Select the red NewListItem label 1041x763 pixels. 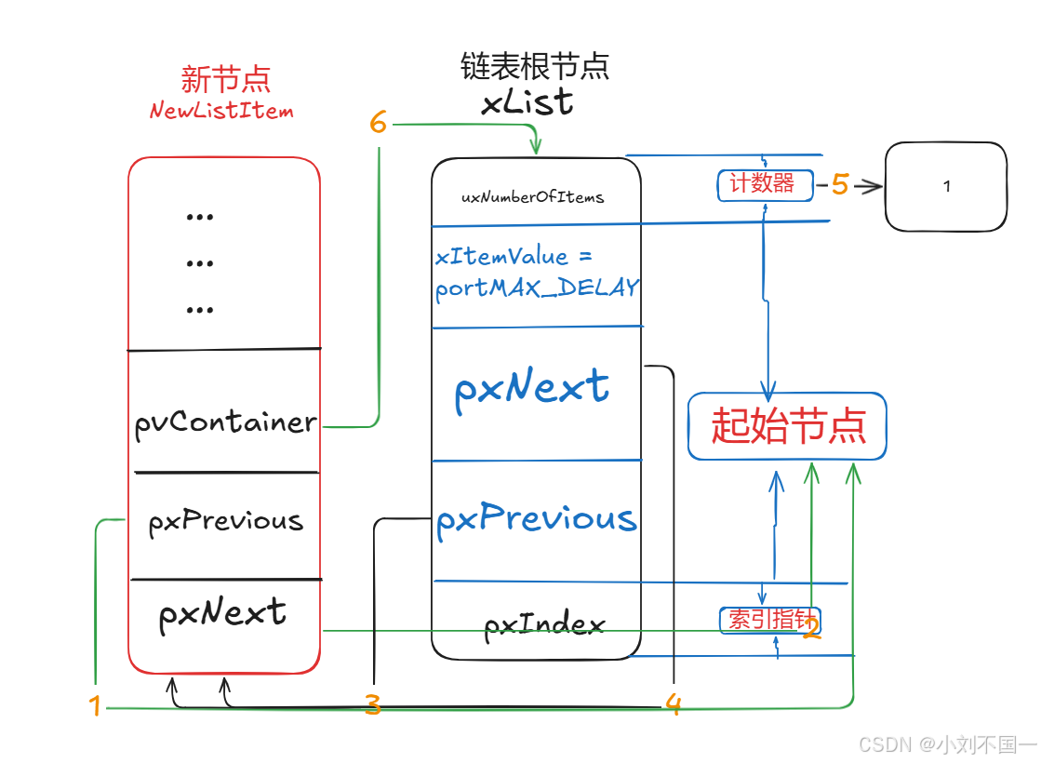coord(221,111)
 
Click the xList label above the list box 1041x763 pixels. coord(527,102)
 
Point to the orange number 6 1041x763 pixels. coord(378,123)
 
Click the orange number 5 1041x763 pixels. coord(840,185)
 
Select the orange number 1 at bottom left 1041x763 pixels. coord(94,706)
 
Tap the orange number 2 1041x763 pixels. coord(811,630)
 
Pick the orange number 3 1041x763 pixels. coord(373,705)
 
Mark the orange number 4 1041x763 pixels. coord(674,705)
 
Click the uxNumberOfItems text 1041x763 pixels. coord(533,197)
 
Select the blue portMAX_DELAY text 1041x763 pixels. coord(537,288)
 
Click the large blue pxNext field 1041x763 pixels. coord(531,388)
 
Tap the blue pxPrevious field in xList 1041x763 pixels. coord(537,519)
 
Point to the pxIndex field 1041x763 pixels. coord(545,624)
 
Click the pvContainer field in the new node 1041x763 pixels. coord(225,423)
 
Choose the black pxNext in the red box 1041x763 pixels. coord(222,614)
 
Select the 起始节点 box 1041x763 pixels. coord(787,426)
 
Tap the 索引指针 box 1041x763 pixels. coord(768,620)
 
